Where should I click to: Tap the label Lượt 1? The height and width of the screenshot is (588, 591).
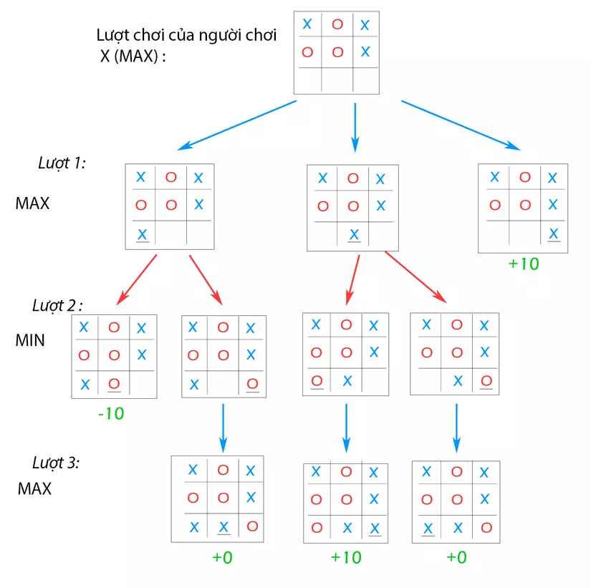(62, 163)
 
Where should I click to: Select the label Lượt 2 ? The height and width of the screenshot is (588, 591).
(57, 306)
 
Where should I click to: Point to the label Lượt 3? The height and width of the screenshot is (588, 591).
(56, 462)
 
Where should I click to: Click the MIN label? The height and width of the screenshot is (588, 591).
(30, 340)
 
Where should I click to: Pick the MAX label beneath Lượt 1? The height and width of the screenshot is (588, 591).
(32, 203)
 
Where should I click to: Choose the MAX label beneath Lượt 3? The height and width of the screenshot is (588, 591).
(35, 490)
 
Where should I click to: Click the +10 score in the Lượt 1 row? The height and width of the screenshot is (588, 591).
(523, 264)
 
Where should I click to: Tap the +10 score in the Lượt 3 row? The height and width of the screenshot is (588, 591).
(346, 557)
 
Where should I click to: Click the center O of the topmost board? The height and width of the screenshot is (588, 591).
(338, 52)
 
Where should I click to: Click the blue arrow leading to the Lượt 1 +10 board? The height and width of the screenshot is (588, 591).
(459, 125)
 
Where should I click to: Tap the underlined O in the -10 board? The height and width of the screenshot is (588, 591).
(112, 383)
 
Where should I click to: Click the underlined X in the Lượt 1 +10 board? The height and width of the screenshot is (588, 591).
(552, 233)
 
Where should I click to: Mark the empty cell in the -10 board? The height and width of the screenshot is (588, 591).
(143, 383)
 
